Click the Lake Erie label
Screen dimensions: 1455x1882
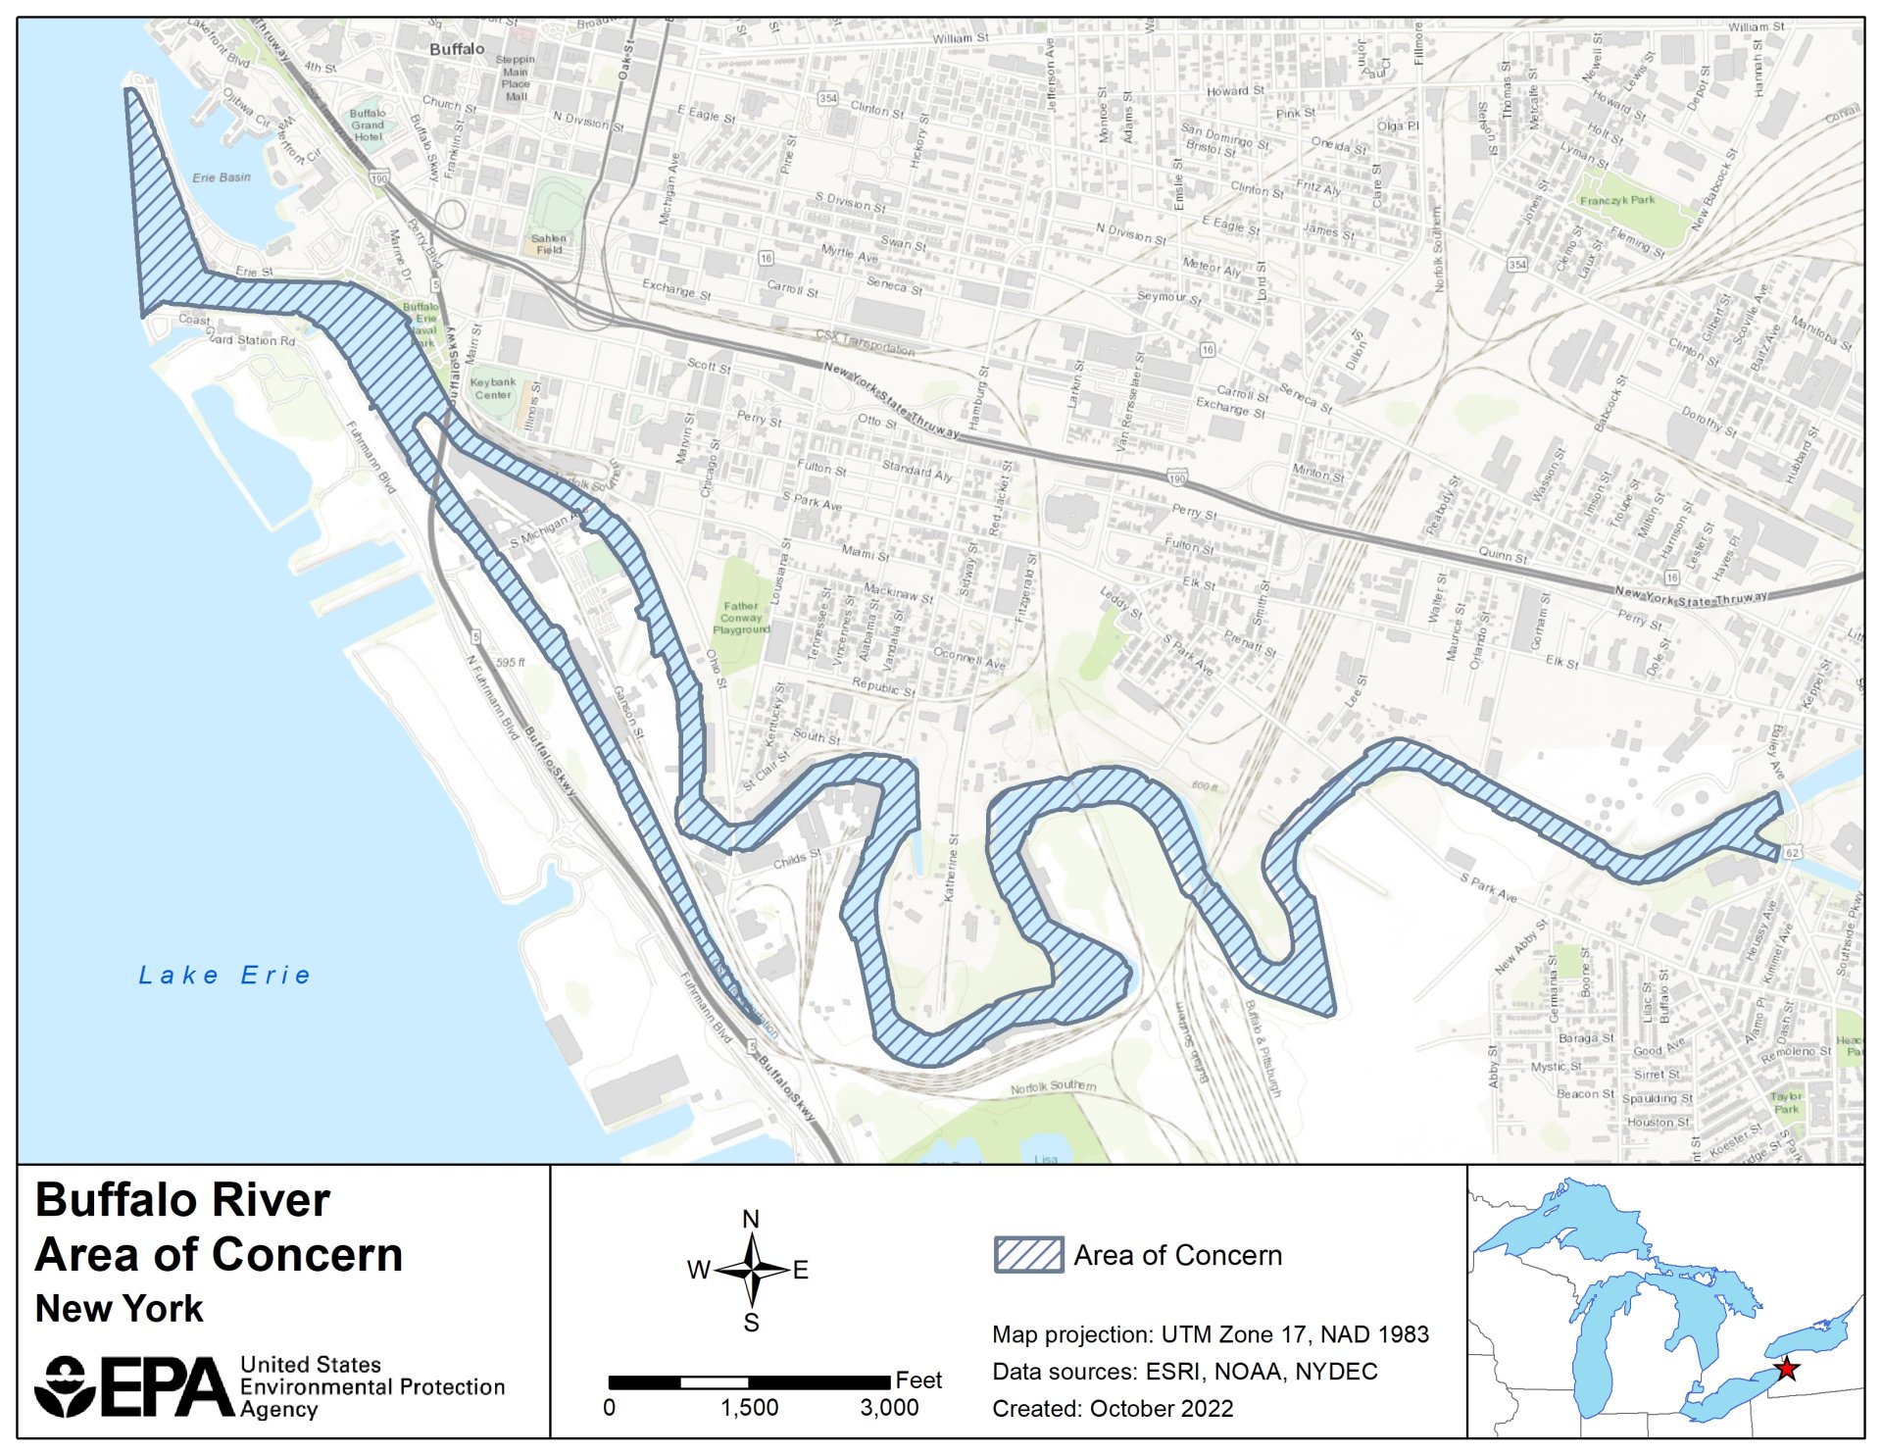224,975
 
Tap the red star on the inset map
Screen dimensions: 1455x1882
1786,1369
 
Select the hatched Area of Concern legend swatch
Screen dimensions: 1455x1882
1028,1255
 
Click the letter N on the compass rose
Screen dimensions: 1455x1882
751,1219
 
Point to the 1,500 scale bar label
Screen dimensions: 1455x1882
749,1408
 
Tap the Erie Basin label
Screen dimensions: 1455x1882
222,177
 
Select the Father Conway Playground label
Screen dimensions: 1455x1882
741,618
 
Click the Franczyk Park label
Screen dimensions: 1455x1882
1616,200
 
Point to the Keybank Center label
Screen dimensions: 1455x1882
492,388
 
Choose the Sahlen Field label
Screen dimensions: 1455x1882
549,244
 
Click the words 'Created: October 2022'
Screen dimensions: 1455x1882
1113,1408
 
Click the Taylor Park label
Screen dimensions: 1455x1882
1786,1103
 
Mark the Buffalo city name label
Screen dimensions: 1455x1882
457,49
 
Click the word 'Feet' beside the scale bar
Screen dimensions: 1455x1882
917,1380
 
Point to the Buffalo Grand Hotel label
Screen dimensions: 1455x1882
368,125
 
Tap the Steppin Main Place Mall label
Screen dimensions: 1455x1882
516,78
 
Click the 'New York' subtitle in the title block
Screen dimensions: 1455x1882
119,1309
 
